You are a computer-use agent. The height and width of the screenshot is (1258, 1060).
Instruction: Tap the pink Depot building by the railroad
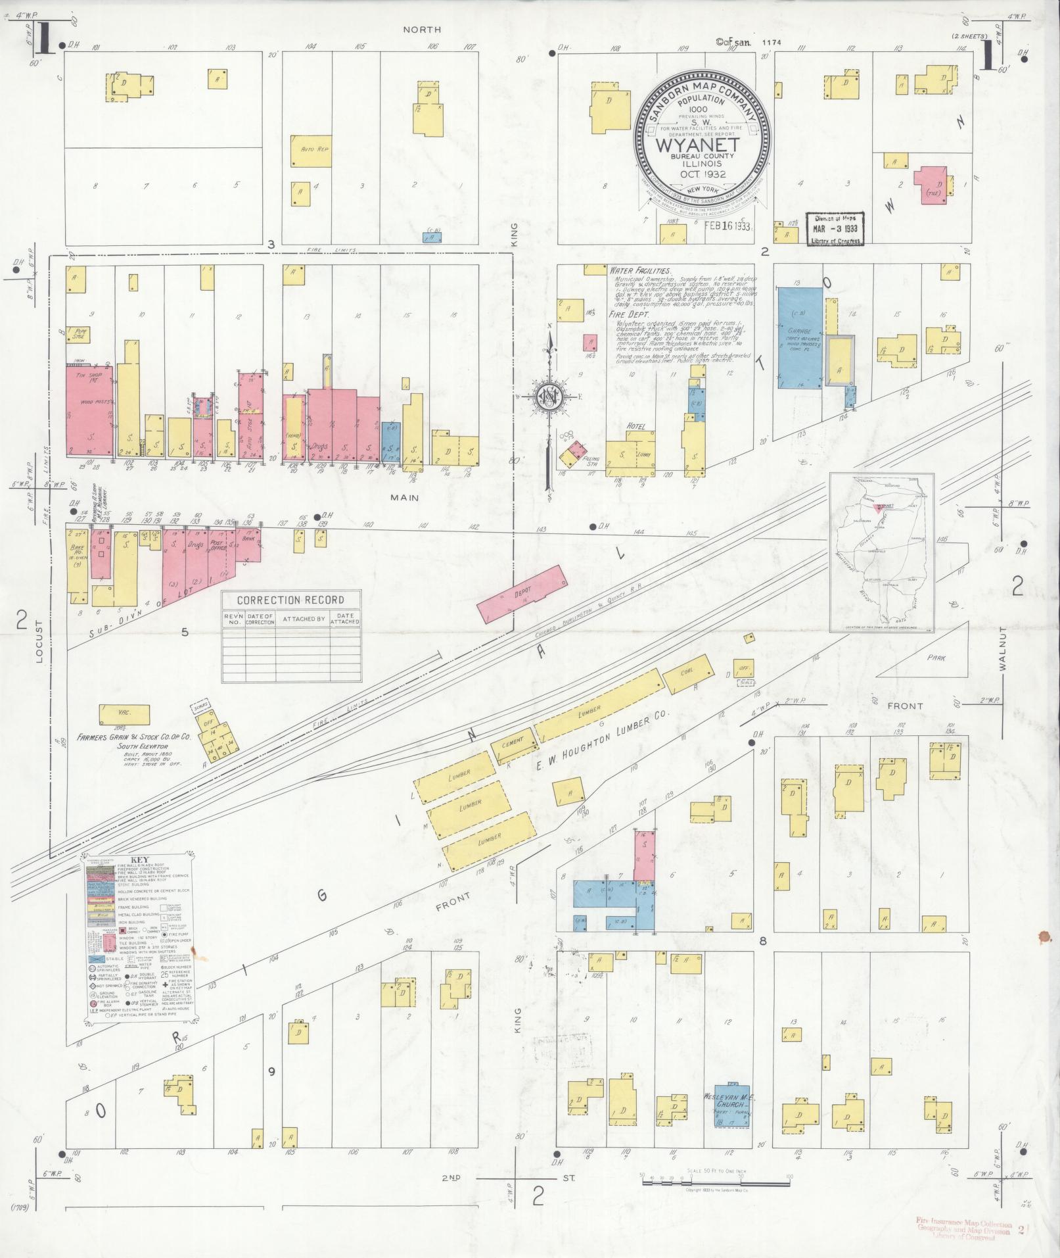tap(522, 593)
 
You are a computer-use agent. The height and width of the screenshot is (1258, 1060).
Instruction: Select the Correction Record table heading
tap(290, 600)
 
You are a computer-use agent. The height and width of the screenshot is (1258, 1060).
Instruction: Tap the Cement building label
tap(512, 741)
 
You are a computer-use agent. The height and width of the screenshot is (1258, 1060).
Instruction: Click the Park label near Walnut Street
tap(935, 657)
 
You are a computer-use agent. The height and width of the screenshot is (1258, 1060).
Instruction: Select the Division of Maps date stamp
tap(835, 228)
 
